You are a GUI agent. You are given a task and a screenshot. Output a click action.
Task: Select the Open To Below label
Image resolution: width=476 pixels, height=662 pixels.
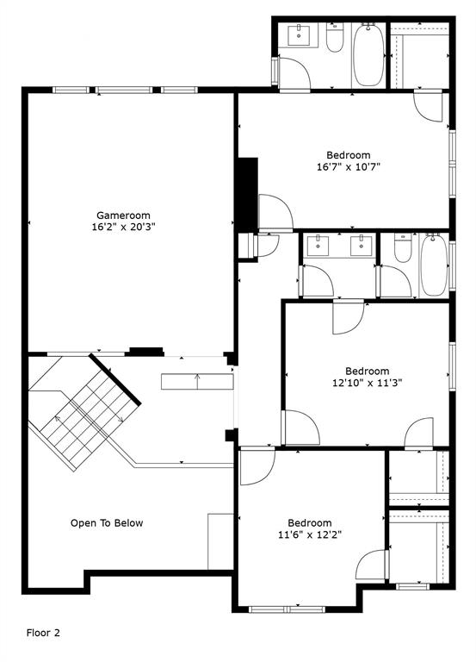[107, 523]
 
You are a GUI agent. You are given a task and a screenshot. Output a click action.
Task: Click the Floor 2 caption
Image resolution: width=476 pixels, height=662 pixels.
[43, 633]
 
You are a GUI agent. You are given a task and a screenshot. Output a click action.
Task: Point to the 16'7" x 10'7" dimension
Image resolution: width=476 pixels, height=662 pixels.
[349, 167]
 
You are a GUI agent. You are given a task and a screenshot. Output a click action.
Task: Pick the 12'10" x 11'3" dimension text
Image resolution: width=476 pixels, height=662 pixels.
[368, 384]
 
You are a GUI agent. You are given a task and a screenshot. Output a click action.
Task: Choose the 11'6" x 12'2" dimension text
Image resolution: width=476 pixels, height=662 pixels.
[309, 534]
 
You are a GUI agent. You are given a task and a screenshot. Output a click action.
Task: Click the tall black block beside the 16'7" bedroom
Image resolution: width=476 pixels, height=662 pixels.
[247, 195]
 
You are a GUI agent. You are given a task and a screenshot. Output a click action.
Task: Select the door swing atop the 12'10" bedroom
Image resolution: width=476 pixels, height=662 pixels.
[348, 316]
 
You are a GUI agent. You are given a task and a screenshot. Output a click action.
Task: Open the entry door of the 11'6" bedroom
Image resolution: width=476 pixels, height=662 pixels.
[256, 468]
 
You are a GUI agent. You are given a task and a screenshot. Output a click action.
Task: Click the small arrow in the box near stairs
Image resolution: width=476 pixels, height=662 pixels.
[198, 380]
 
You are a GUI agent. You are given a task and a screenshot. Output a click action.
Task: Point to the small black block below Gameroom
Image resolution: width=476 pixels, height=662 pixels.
[145, 351]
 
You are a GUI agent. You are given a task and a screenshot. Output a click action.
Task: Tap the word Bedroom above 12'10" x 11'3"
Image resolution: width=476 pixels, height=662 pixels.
[368, 372]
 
